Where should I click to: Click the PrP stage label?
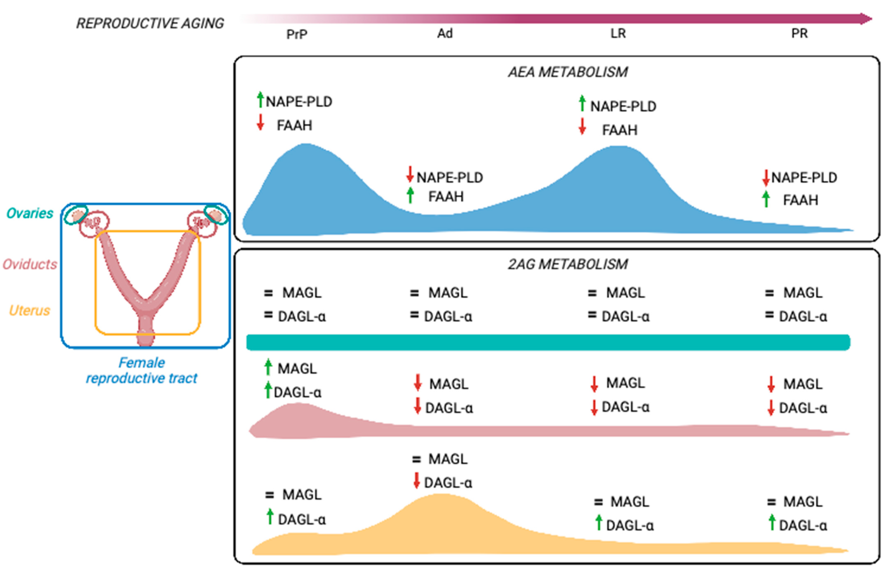tap(297, 34)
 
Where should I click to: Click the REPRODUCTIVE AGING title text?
tap(150, 23)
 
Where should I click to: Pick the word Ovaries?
tap(30, 213)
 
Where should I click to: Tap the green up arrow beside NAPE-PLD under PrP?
tap(260, 99)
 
